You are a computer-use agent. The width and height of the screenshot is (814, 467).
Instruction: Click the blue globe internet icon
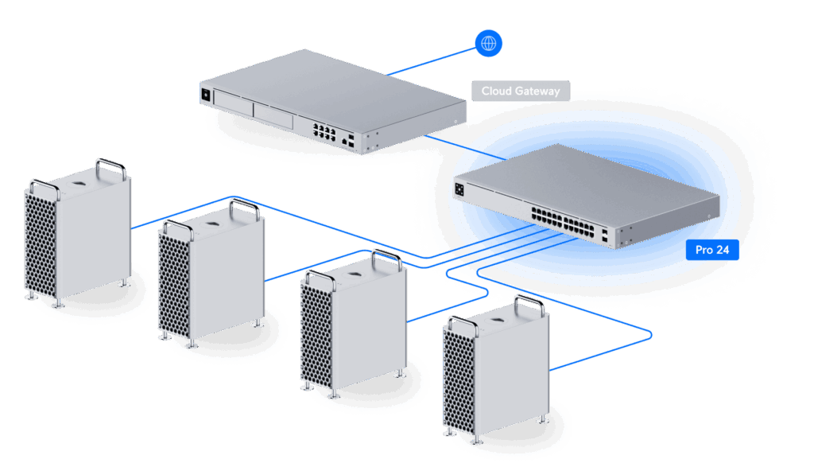(x=488, y=42)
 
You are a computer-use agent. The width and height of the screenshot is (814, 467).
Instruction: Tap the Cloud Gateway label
(x=520, y=91)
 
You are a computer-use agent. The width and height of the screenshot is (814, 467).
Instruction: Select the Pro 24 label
(x=711, y=249)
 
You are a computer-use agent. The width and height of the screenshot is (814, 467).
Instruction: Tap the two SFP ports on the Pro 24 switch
(x=607, y=236)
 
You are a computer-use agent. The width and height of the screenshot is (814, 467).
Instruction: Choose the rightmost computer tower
(x=497, y=370)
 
